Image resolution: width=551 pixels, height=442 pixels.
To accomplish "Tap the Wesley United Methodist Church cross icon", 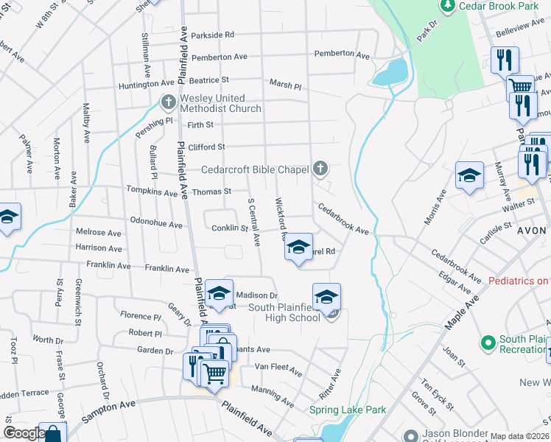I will point(168,101).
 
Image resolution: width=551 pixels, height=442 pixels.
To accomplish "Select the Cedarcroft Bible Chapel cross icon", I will point(319,169).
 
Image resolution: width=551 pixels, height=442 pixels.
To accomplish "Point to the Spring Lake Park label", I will point(337,410).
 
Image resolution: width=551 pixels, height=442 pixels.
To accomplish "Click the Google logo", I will point(24,433).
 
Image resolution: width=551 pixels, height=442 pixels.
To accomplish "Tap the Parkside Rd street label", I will point(212,35).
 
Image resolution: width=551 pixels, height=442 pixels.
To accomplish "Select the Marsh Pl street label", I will point(285,85).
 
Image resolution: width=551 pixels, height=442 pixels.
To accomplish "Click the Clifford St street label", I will point(206,147).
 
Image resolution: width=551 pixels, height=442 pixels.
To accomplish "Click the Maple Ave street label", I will point(463,312).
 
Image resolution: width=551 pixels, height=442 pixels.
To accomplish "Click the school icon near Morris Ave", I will point(469,175).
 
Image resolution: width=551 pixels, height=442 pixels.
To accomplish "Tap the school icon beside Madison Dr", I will point(219,293).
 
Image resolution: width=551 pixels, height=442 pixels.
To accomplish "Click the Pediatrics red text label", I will point(519,281).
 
